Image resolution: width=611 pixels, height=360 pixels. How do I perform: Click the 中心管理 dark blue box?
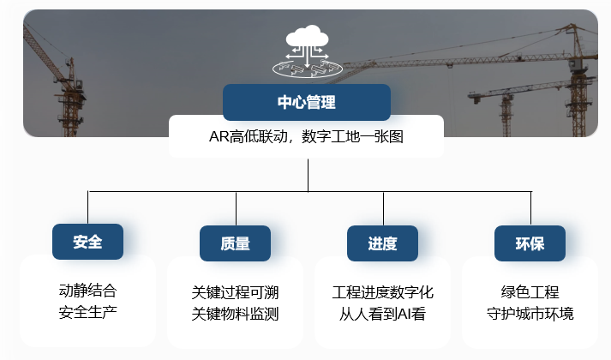(306, 102)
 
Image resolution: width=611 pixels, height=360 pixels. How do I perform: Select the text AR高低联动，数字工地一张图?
(306, 136)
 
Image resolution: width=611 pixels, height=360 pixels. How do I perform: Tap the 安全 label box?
(87, 242)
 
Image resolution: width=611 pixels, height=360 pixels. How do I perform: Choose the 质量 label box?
(235, 243)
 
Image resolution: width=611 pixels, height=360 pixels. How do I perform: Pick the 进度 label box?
(382, 243)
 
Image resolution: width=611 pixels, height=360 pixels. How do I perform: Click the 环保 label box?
(530, 243)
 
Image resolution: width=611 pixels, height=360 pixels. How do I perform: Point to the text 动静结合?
(87, 290)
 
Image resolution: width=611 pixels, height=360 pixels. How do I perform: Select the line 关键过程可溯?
(235, 291)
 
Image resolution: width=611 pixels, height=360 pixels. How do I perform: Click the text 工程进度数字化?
(382, 291)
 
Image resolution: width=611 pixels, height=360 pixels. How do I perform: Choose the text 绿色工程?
(530, 291)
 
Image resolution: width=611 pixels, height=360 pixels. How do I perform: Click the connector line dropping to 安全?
(87, 207)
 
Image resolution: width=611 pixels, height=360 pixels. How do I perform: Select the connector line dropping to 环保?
(530, 208)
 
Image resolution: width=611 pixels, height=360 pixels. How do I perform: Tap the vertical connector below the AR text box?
(308, 174)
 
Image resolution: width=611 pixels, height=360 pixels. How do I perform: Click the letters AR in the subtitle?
(218, 136)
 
